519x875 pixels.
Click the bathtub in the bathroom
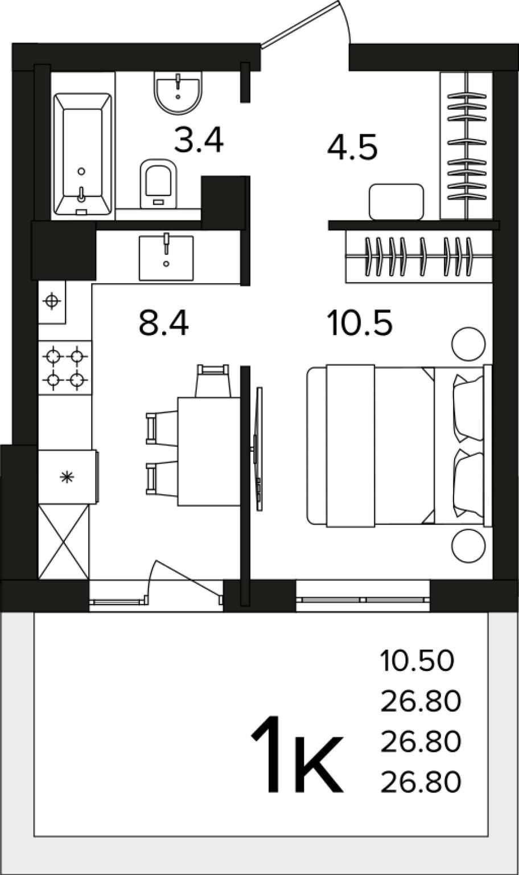click(x=83, y=154)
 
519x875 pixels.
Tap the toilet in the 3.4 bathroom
click(x=158, y=183)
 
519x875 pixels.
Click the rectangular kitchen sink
click(x=166, y=258)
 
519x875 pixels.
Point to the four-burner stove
click(x=65, y=367)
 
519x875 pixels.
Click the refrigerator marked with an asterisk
click(x=68, y=477)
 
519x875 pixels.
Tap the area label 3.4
click(x=199, y=141)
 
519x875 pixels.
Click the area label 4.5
click(x=352, y=148)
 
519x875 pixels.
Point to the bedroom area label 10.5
click(x=360, y=322)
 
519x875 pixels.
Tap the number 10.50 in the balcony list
click(x=417, y=661)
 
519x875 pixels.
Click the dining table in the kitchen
click(x=209, y=452)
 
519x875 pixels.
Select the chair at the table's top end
click(x=213, y=381)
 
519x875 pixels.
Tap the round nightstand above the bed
click(x=468, y=344)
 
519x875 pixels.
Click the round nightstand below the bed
click(x=468, y=546)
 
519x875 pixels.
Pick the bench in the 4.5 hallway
click(x=397, y=202)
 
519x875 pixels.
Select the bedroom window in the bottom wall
click(x=363, y=600)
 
